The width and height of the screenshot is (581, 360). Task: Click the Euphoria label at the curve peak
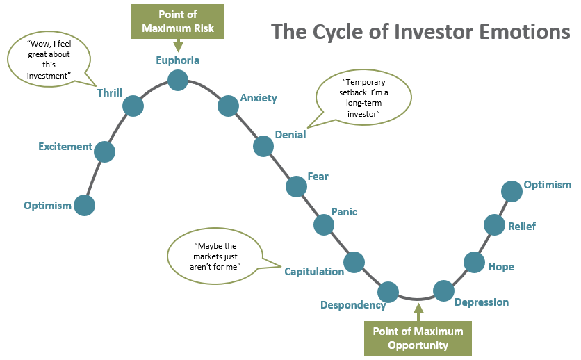click(177, 60)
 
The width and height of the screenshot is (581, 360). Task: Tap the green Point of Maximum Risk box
click(177, 22)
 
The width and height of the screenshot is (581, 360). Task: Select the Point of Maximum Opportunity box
click(418, 338)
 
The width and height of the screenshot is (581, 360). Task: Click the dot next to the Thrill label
click(133, 106)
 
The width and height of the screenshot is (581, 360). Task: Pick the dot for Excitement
click(104, 152)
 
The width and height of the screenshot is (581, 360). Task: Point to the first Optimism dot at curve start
click(84, 205)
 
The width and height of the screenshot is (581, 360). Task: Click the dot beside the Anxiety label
click(228, 106)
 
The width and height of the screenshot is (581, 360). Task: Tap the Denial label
click(290, 135)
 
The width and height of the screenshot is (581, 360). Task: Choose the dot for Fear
click(296, 186)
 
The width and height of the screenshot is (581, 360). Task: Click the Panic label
click(344, 211)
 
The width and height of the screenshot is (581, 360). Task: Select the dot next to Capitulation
click(354, 262)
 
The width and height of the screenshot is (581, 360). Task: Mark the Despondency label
click(353, 305)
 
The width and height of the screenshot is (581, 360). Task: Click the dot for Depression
click(443, 291)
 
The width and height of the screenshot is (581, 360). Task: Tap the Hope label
click(501, 267)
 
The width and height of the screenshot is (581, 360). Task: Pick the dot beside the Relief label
click(494, 224)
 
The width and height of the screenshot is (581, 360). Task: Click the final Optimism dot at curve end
click(512, 190)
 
